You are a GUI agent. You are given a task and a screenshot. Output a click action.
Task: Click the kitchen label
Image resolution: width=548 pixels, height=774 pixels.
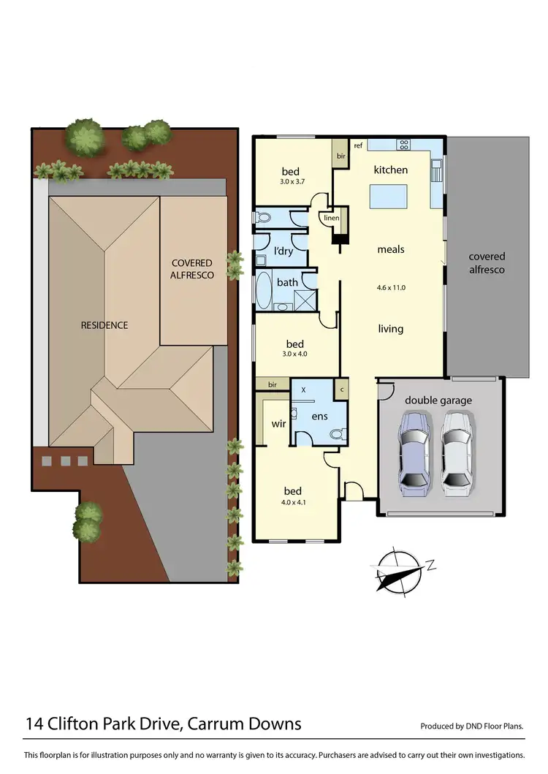391,170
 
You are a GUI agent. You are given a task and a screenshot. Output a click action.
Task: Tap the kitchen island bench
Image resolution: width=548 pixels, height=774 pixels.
388,197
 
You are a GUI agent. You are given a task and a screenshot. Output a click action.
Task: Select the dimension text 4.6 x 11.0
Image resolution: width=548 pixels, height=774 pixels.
390,288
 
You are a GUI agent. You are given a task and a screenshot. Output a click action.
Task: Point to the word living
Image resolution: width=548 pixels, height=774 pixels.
390,329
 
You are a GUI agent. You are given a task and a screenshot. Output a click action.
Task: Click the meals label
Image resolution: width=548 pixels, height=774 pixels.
390,249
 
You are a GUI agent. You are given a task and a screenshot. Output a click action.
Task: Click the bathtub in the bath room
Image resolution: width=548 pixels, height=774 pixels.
262,290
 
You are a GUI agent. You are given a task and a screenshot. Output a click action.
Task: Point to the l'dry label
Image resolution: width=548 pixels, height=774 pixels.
283,251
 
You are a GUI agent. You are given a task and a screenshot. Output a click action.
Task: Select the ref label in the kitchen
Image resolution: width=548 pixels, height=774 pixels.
358,145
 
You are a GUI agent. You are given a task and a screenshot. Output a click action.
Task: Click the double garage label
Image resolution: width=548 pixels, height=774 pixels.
438,401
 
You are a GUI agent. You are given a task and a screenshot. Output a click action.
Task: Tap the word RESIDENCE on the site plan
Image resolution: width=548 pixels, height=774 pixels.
104,325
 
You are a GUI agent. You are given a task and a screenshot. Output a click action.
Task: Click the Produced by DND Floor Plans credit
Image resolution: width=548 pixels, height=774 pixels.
472,726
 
